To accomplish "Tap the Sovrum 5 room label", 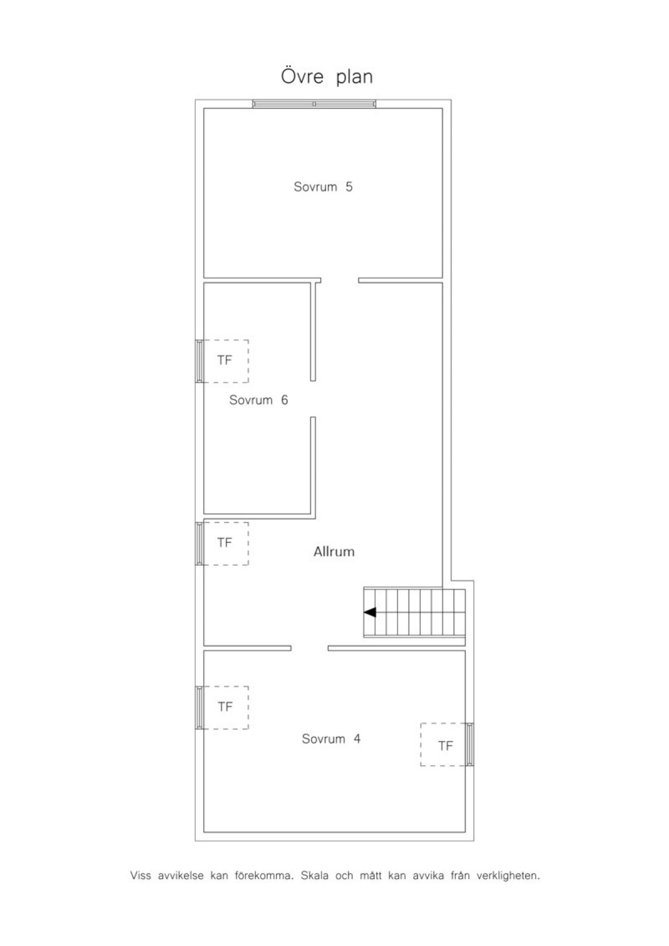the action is pyautogui.click(x=323, y=187).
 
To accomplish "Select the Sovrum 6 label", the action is pyautogui.click(x=259, y=400).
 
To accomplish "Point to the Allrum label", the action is pyautogui.click(x=333, y=551).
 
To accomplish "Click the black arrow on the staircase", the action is pyautogui.click(x=370, y=612).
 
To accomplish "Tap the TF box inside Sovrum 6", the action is pyautogui.click(x=226, y=361).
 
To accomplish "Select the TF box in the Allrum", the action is pyautogui.click(x=226, y=544).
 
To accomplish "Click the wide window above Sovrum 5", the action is pyautogui.click(x=314, y=104).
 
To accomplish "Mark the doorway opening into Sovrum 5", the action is pyautogui.click(x=340, y=280).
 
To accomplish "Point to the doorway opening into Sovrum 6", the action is pyautogui.click(x=313, y=399).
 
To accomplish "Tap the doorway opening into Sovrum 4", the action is pyautogui.click(x=309, y=648).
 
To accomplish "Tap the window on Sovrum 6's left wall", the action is pyautogui.click(x=200, y=361).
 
